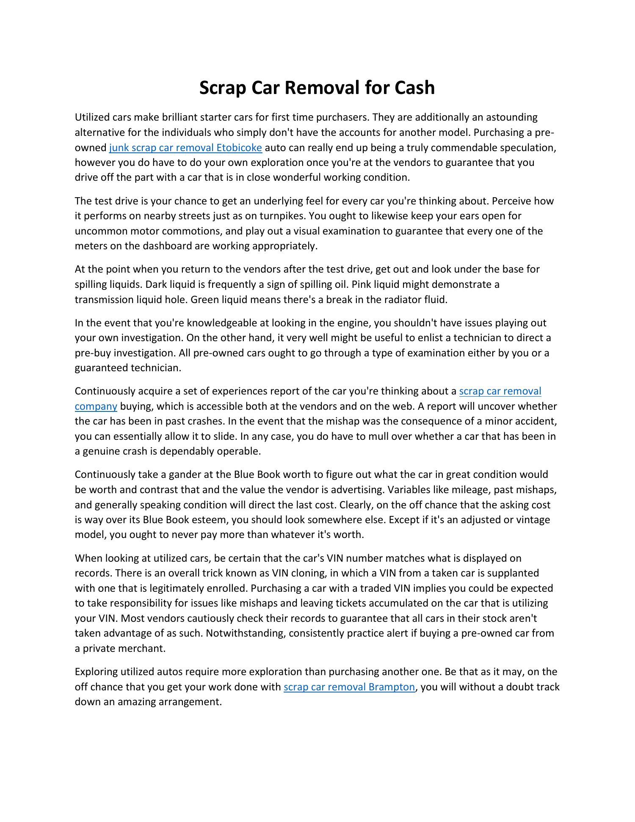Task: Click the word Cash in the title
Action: pyautogui.click(x=414, y=88)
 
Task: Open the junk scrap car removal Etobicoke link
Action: pyautogui.click(x=185, y=148)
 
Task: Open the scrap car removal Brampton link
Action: pyautogui.click(x=349, y=687)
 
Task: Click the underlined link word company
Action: pyautogui.click(x=96, y=406)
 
